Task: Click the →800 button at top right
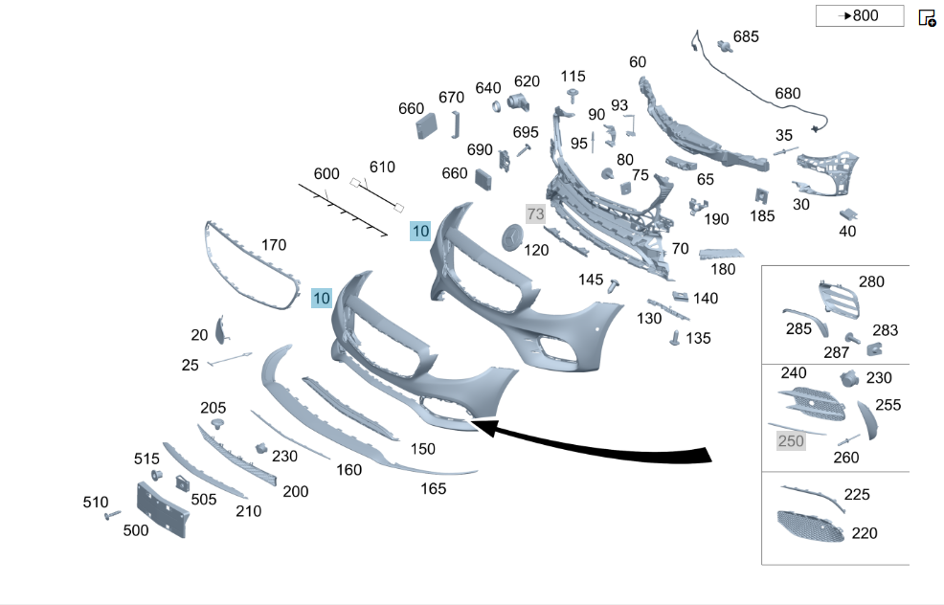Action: pos(860,15)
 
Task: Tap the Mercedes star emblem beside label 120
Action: pos(512,237)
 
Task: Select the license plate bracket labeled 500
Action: pos(162,509)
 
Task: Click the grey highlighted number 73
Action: pos(535,213)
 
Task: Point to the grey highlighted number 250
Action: pos(791,441)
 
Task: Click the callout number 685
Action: pos(746,36)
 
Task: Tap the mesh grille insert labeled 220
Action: pos(810,527)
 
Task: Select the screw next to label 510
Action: pos(113,515)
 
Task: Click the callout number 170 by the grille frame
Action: pos(274,245)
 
